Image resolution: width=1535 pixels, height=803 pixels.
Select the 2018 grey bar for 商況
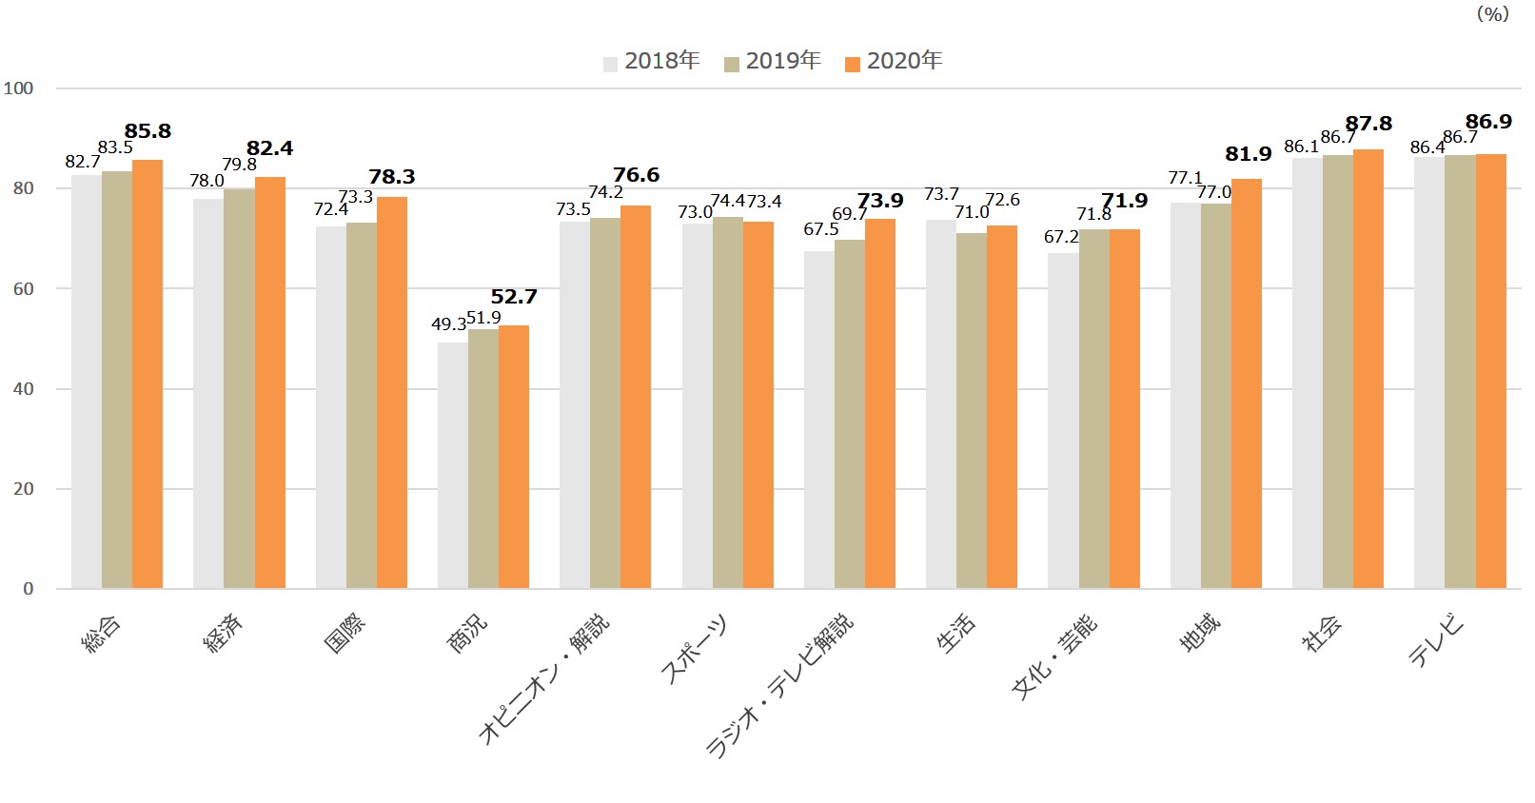click(x=453, y=465)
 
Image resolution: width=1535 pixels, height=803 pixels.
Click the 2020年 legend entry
click(x=894, y=62)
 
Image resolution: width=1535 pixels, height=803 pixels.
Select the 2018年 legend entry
click(x=652, y=62)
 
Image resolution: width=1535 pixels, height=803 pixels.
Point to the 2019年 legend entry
click(x=773, y=62)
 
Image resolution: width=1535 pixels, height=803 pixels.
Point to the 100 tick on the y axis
click(x=18, y=88)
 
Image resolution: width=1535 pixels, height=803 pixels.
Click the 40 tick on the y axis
click(x=23, y=389)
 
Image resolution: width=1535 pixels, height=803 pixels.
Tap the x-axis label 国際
click(x=344, y=634)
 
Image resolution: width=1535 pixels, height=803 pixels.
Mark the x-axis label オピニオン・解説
click(x=543, y=678)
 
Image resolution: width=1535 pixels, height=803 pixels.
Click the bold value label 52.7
click(x=514, y=297)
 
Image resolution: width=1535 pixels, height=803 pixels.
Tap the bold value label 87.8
click(x=1368, y=124)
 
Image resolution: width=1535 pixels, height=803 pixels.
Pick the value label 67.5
click(x=821, y=229)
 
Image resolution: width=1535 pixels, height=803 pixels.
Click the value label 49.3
click(x=448, y=324)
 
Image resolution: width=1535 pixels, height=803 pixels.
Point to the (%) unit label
click(x=1492, y=13)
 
